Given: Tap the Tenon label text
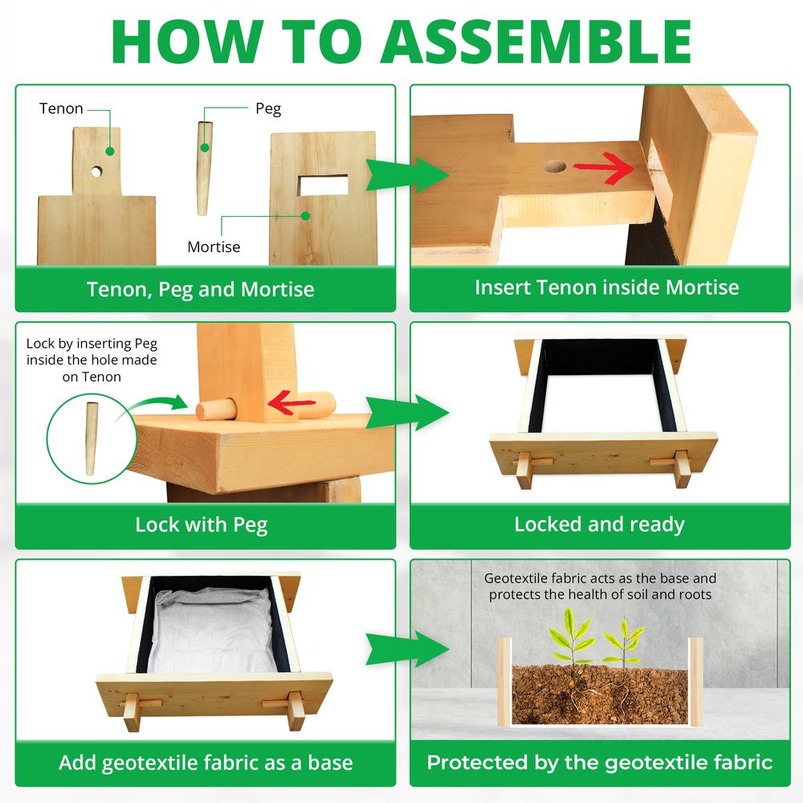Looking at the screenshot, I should (61, 108).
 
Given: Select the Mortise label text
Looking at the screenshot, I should (214, 247).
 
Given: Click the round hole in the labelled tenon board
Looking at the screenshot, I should (96, 171).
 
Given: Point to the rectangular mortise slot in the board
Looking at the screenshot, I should (323, 185).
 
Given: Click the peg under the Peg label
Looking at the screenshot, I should (205, 166).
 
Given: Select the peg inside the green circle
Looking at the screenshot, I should (91, 438).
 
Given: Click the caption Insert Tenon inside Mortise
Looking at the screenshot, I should (606, 287).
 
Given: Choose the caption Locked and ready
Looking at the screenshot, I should (599, 524).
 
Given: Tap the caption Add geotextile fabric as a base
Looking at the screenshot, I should (206, 762).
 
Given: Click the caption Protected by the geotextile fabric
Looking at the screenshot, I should (599, 762).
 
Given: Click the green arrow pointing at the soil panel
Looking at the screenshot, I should (406, 649).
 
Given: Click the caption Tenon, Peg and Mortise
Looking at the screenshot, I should (200, 288).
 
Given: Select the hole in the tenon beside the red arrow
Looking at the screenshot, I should (554, 167).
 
